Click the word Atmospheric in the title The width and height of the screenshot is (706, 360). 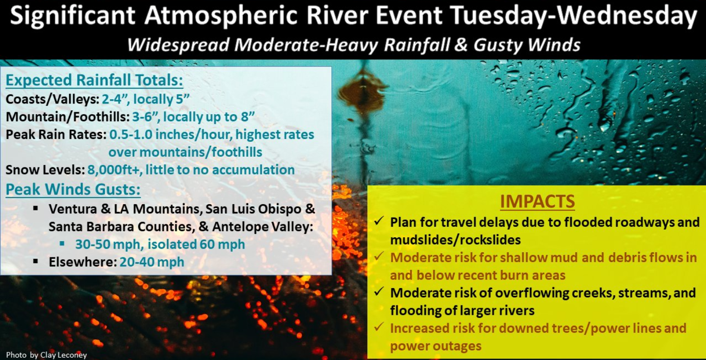coord(221,16)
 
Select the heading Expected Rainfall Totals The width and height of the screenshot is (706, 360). coord(94,80)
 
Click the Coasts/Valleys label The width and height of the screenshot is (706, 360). coord(53,99)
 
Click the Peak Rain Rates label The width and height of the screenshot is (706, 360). coord(56,135)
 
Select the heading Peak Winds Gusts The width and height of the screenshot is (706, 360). coord(73,189)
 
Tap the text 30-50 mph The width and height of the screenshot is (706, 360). coord(107,244)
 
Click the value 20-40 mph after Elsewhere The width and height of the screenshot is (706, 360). coord(152,262)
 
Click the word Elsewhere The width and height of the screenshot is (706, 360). coord(82,262)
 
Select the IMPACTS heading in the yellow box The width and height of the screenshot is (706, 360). coord(537,202)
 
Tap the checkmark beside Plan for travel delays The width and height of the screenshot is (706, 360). coord(379,221)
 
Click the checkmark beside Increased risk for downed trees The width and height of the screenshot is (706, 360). coord(379,326)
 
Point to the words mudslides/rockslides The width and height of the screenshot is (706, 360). coord(456,240)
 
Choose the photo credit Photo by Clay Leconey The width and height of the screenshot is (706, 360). coord(47,355)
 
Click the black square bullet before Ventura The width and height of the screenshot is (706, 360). coord(35,208)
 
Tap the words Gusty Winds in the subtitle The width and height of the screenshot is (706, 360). coord(527,45)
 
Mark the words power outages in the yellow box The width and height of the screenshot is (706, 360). coord(435,346)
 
